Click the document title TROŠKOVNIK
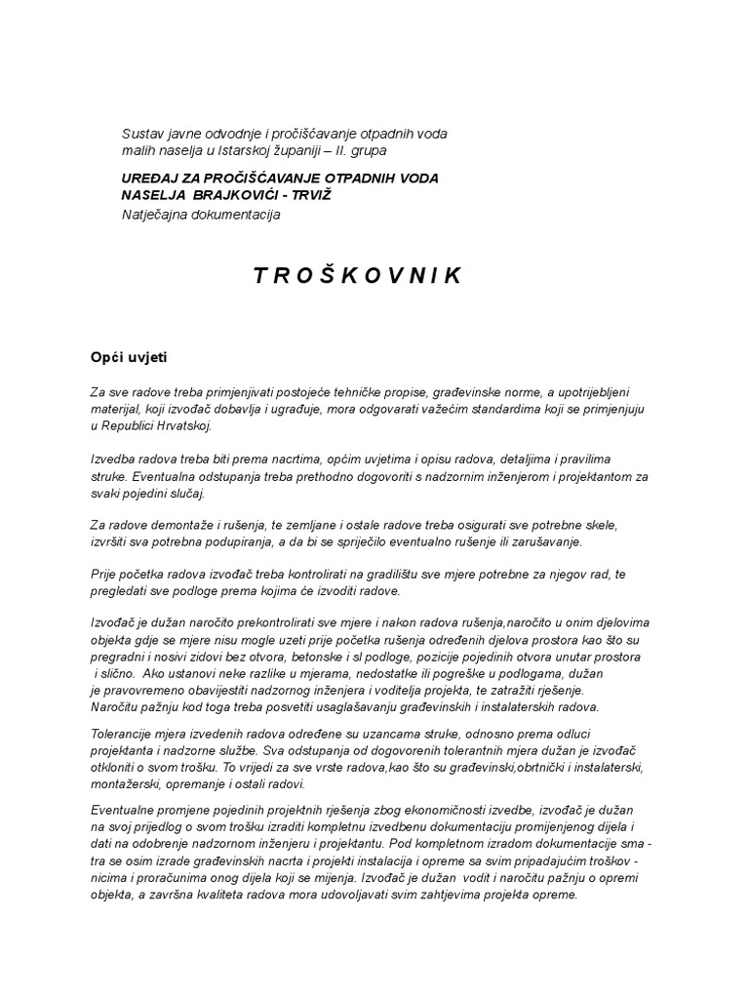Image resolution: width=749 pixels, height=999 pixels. coord(358,276)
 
